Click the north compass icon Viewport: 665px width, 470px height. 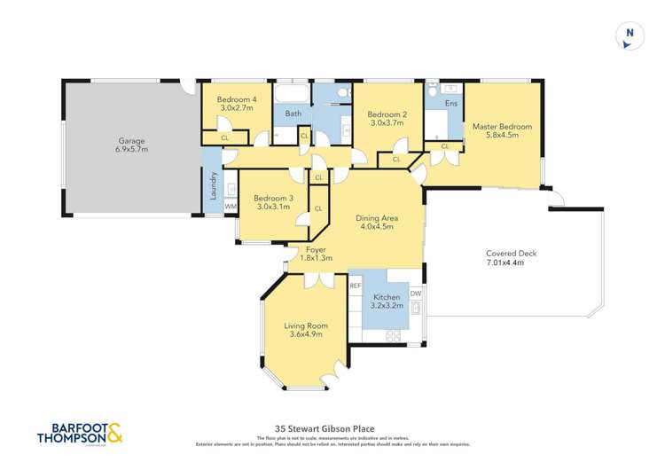(630, 35)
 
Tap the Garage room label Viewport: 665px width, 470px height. (132, 141)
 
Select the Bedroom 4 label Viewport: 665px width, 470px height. (237, 100)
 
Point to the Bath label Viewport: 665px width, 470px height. (293, 114)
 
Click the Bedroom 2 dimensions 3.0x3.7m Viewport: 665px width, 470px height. (387, 124)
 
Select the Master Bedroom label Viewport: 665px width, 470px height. (502, 127)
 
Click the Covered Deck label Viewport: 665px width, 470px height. (512, 254)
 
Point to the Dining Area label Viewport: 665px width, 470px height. (375, 217)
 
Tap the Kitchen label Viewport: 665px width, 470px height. (387, 297)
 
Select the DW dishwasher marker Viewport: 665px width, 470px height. (415, 294)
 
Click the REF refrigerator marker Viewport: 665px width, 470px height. (355, 286)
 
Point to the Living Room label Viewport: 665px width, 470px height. (305, 325)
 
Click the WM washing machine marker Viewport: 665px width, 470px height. (231, 207)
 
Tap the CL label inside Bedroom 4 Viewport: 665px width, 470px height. (224, 138)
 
